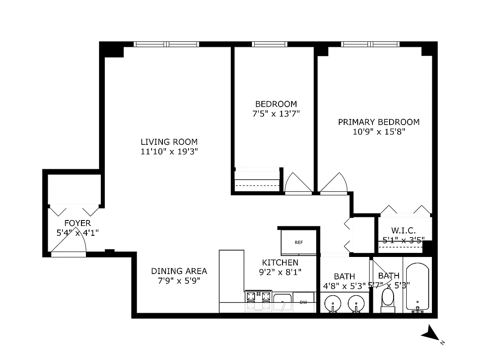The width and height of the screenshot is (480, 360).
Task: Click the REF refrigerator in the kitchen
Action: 298,242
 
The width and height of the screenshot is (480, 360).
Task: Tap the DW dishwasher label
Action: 303,302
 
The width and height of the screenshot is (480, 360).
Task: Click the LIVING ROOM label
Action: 169,142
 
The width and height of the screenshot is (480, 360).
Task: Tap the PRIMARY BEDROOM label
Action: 379,122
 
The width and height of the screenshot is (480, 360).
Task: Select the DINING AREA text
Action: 179,271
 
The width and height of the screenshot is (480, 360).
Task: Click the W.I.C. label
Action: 403,230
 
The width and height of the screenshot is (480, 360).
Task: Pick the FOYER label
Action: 77,223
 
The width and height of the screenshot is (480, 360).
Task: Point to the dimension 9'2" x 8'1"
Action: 280,272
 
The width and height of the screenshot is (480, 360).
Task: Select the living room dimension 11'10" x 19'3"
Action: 169,152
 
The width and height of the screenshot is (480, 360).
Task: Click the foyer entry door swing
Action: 70,242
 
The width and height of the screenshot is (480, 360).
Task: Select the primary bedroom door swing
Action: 333,184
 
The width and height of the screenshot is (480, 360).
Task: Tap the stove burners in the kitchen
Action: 259,297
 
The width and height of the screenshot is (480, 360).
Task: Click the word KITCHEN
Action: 280,262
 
